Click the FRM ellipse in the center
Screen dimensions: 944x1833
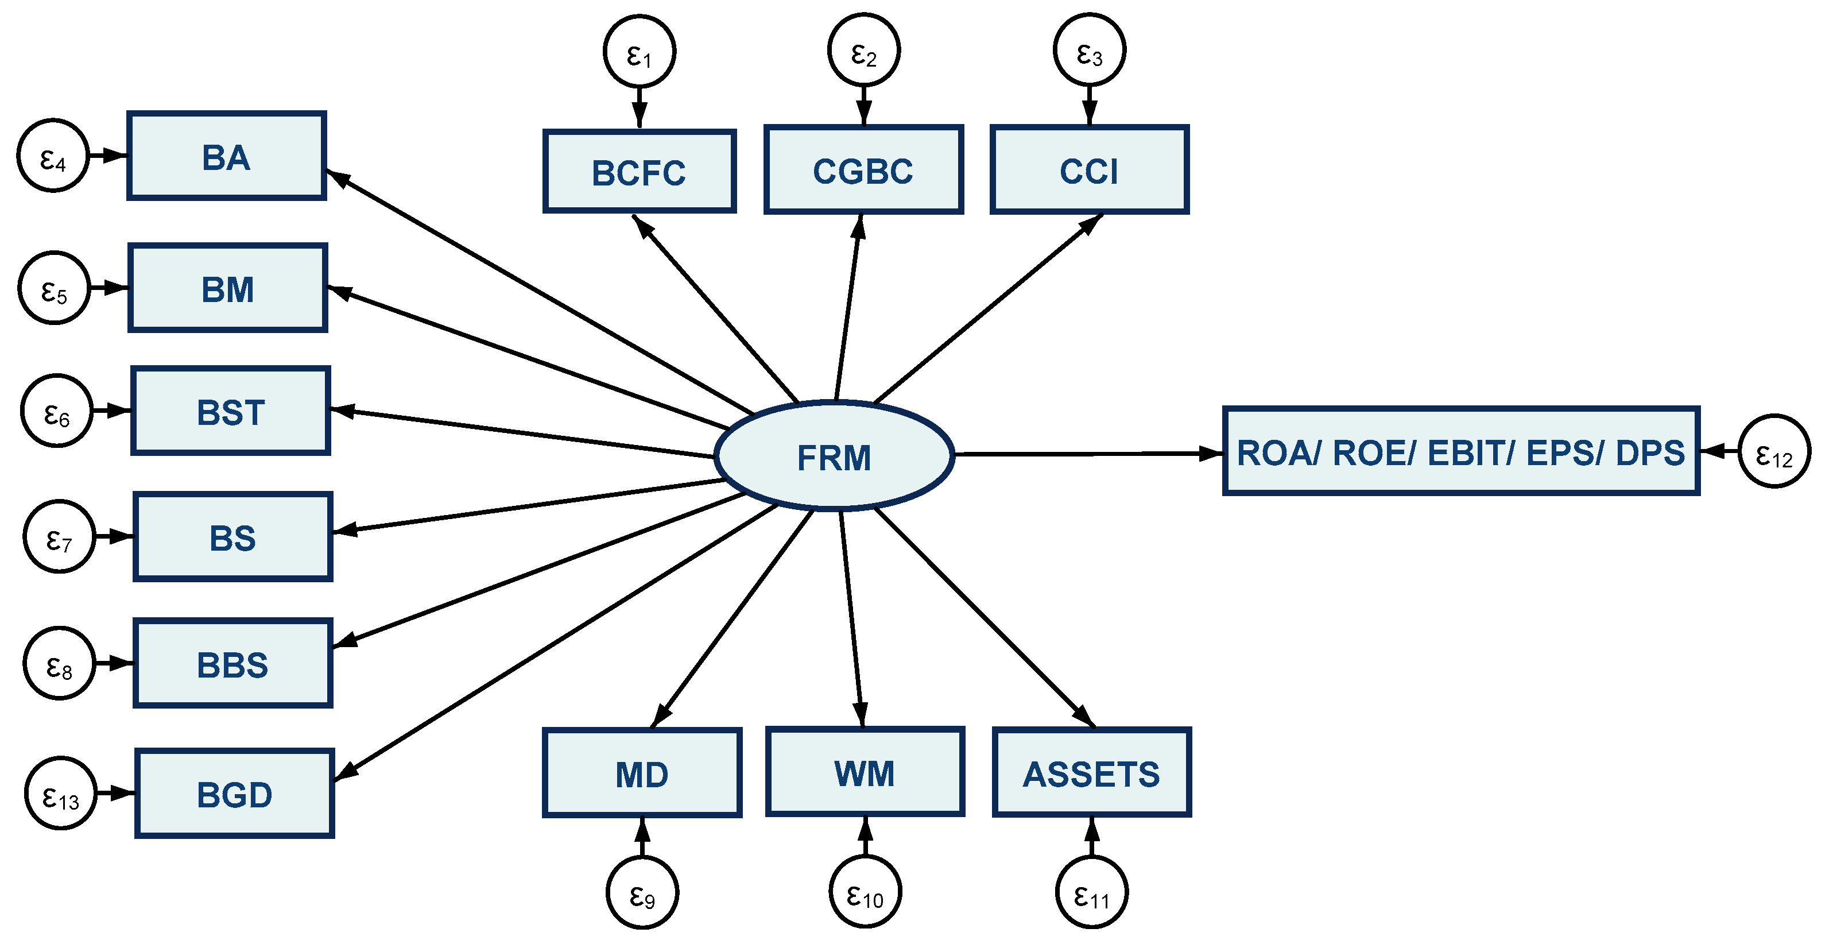click(834, 456)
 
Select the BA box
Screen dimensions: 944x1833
click(226, 156)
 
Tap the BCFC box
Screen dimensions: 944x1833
click(639, 172)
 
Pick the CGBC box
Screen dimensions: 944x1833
click(863, 170)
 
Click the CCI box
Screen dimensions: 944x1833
click(1088, 170)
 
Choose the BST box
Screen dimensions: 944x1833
click(231, 411)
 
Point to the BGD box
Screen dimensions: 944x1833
click(234, 793)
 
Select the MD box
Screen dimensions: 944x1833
click(642, 773)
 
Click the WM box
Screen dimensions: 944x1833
click(865, 772)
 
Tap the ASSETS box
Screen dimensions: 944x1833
click(1091, 772)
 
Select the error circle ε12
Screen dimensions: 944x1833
click(1774, 451)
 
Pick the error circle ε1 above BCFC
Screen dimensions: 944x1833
click(639, 51)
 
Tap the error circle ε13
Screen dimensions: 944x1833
click(60, 793)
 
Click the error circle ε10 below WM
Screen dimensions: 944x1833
click(865, 892)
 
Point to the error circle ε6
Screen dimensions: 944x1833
click(57, 411)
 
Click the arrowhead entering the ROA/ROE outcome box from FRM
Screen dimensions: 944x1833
click(1210, 453)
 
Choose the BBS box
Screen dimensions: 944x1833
click(232, 664)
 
